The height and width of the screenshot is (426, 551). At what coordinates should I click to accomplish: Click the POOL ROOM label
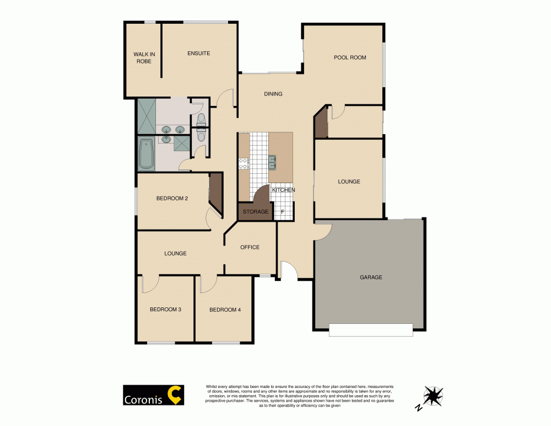[349, 57]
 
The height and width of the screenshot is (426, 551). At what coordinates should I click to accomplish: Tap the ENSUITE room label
[198, 54]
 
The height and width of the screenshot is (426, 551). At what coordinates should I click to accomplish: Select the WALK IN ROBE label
[142, 57]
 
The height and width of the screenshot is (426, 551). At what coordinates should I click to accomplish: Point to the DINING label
[273, 94]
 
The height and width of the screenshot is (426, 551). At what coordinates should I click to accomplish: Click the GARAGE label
[371, 277]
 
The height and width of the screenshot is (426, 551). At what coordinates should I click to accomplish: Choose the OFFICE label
[250, 247]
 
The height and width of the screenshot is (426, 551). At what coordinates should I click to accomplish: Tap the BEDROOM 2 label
[172, 199]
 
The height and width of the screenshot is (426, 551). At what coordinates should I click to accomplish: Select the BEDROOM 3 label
[165, 310]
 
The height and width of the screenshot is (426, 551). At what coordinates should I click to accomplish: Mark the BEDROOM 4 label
[225, 310]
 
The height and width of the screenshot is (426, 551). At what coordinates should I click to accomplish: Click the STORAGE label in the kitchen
[256, 211]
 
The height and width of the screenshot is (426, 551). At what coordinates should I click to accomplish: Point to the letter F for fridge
[283, 211]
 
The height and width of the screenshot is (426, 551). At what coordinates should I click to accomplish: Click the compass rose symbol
[434, 396]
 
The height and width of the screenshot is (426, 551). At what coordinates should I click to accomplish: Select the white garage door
[370, 329]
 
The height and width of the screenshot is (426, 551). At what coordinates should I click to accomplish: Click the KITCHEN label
[283, 190]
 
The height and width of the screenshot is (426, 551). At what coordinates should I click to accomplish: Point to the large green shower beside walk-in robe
[146, 116]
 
